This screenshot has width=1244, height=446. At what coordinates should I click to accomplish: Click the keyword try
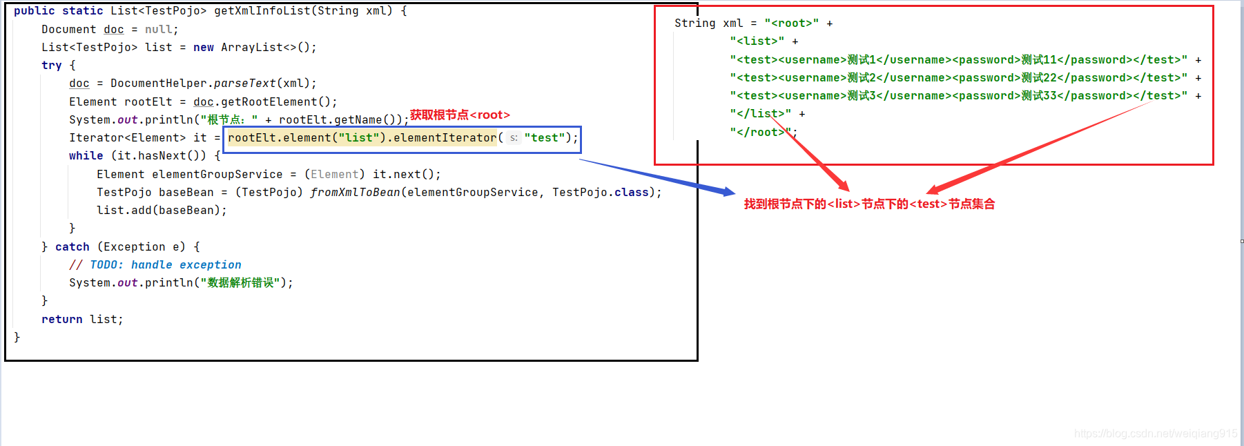[x=51, y=66]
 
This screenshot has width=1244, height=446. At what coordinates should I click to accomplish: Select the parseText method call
[x=244, y=84]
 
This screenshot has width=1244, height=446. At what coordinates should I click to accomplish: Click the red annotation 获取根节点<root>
[x=460, y=115]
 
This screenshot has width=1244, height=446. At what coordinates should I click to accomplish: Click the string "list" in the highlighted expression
[x=358, y=138]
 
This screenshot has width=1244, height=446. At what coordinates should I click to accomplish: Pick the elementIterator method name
[x=445, y=138]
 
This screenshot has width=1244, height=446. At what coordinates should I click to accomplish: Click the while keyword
[x=86, y=156]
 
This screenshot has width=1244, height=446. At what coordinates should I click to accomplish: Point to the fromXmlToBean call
[x=355, y=193]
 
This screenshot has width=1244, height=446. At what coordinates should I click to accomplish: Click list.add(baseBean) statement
[x=162, y=211]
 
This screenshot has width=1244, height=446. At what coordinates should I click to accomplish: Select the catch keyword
[x=72, y=247]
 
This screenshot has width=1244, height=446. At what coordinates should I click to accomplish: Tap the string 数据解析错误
[x=240, y=283]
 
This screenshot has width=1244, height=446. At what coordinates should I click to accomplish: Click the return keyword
[x=61, y=320]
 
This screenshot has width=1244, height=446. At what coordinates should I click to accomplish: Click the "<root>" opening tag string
[x=791, y=23]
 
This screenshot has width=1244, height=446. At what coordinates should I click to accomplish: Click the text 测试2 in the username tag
[x=862, y=78]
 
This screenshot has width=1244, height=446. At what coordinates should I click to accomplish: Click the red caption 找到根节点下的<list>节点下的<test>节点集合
[x=869, y=204]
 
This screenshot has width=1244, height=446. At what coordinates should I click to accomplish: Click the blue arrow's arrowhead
[x=728, y=192]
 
